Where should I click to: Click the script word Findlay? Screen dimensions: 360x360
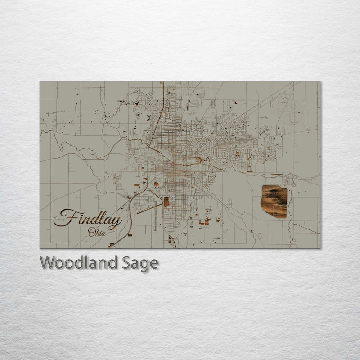click(x=88, y=219)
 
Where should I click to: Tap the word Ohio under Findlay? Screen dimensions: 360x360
click(x=97, y=233)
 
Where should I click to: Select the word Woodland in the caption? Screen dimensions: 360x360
click(x=79, y=263)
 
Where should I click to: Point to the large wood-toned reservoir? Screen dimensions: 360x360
click(x=274, y=201)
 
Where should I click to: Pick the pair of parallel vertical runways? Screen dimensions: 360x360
click(x=156, y=215)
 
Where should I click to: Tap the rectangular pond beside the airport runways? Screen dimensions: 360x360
click(x=166, y=202)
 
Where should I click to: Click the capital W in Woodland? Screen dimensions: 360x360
click(x=48, y=262)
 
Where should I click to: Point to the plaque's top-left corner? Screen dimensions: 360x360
click(x=40, y=81)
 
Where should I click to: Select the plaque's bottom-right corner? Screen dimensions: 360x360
click(x=320, y=248)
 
